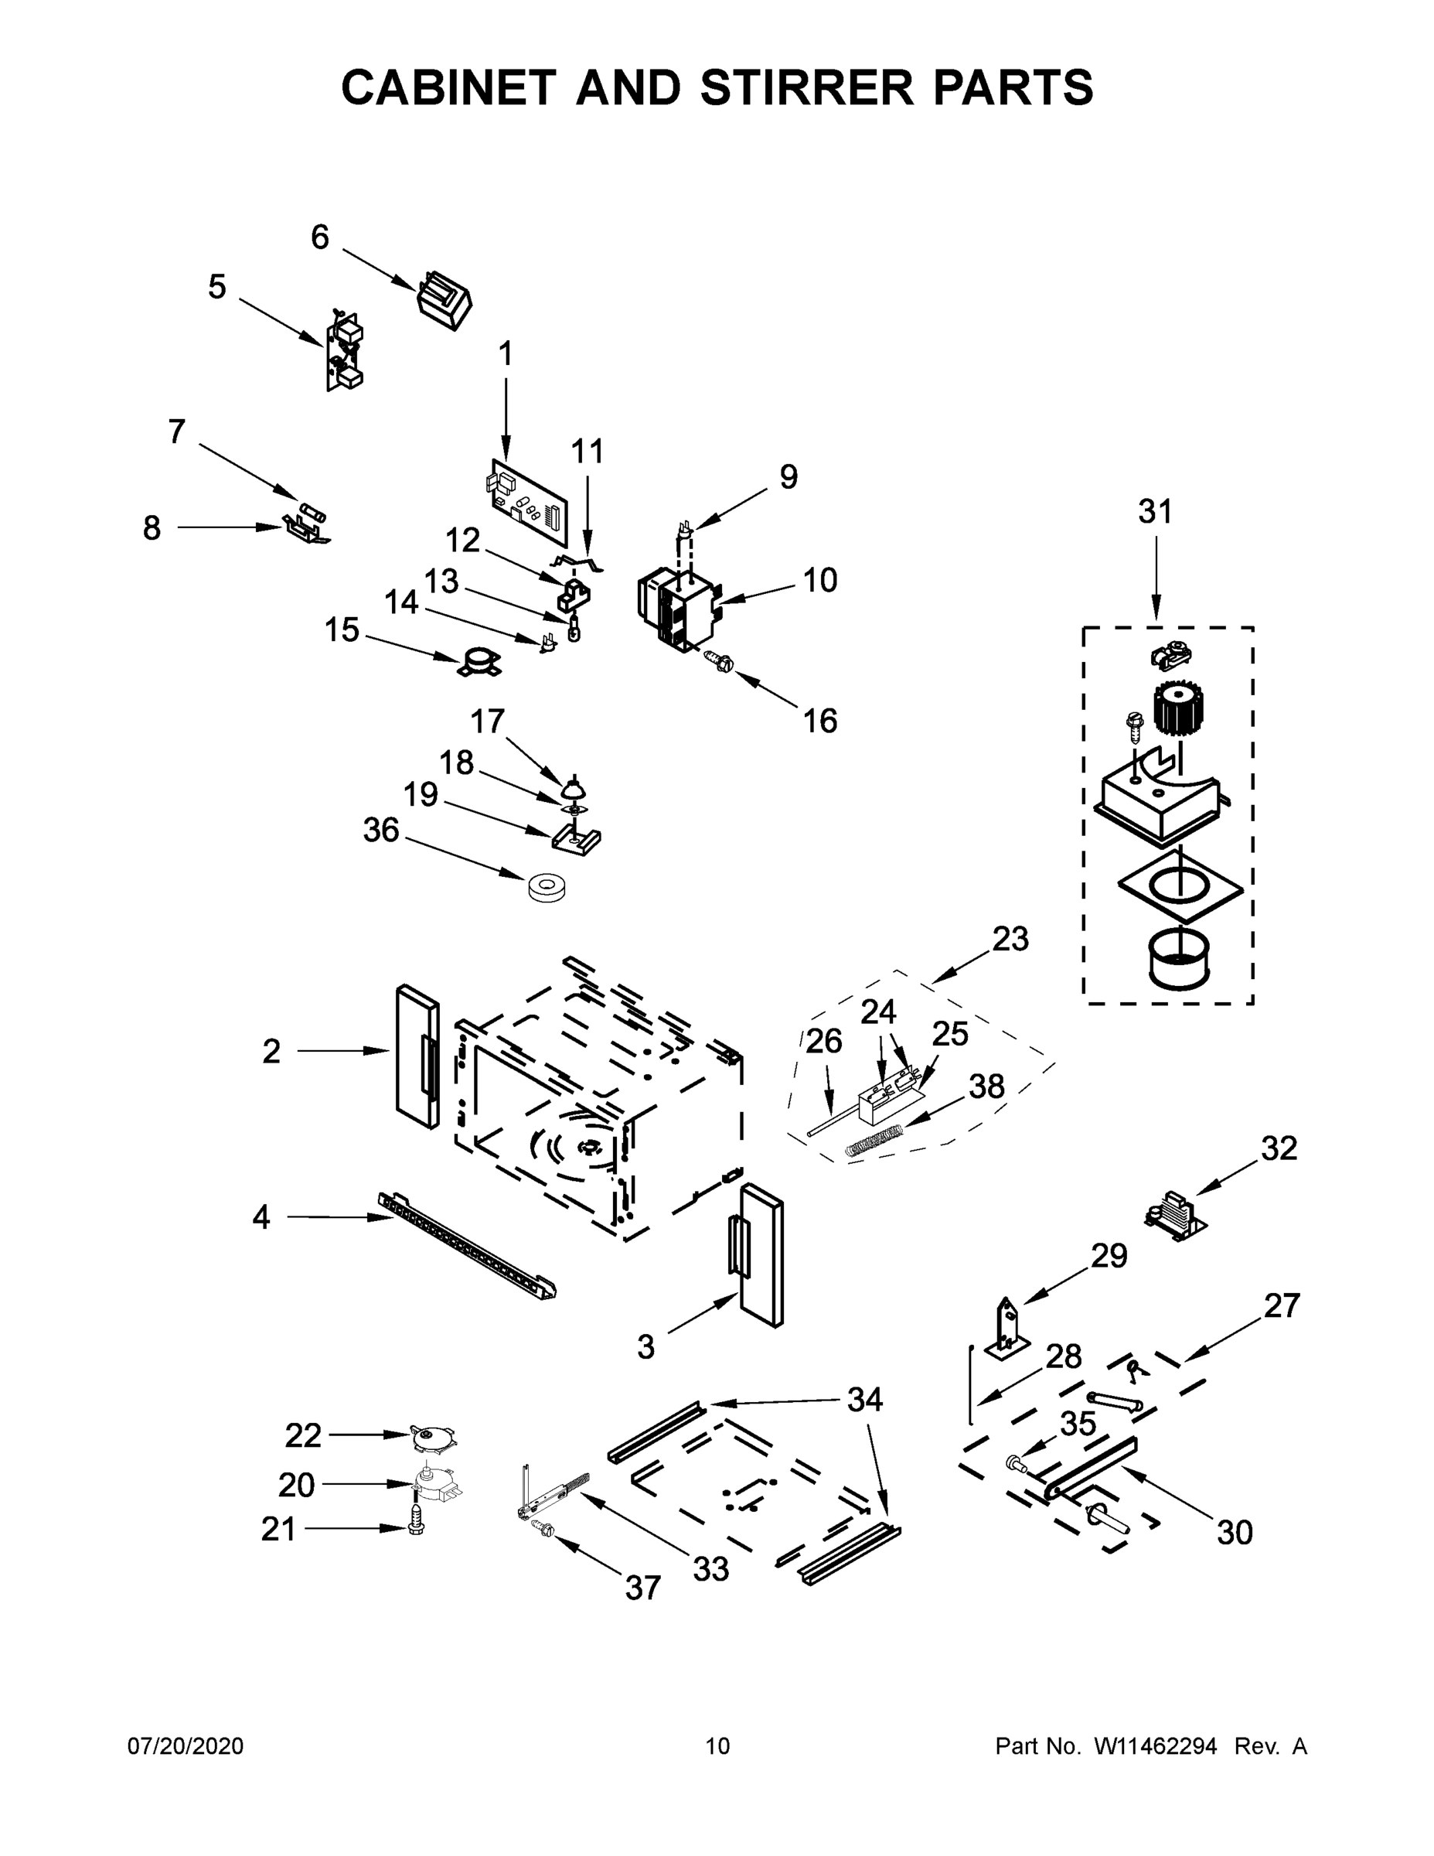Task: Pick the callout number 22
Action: pos(302,1435)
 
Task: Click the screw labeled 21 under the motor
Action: pos(416,1521)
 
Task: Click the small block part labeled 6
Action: pos(444,300)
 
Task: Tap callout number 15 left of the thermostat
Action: pos(342,630)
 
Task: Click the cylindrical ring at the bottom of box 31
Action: pos(1179,959)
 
